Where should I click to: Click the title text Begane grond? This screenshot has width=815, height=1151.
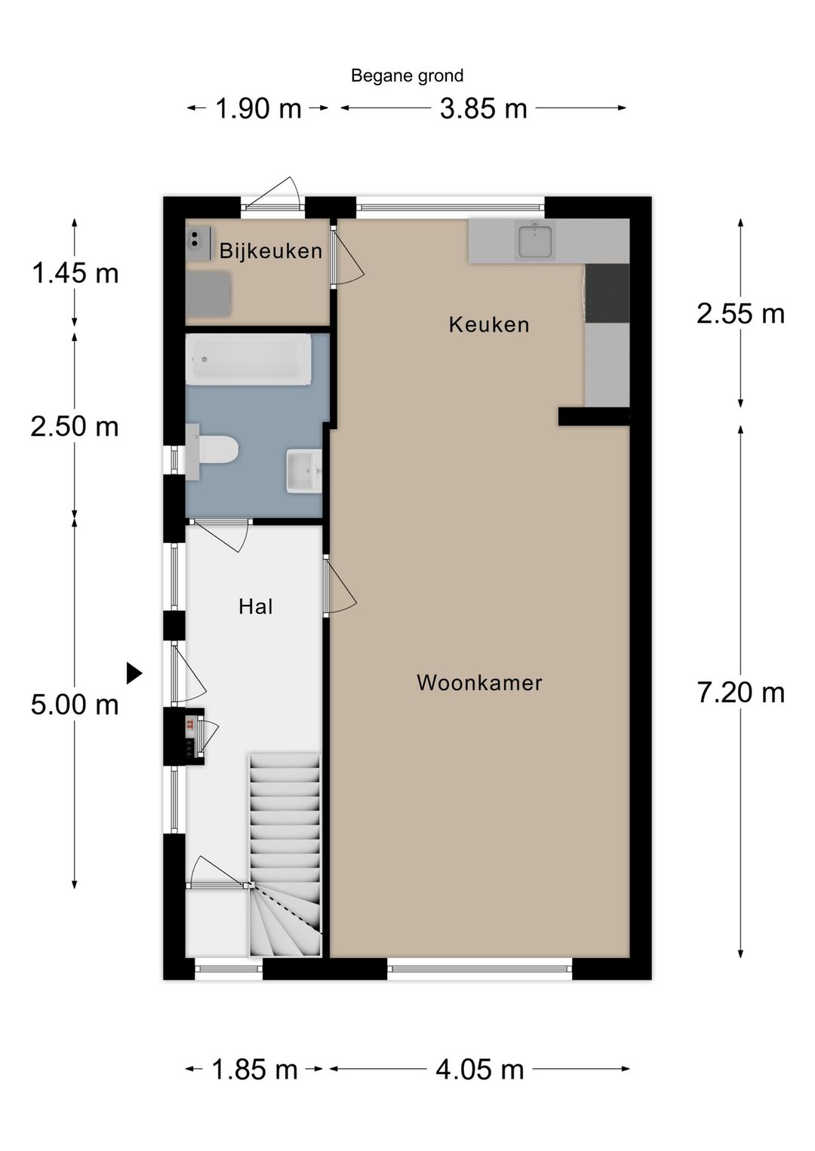407,75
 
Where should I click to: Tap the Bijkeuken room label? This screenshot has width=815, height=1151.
271,250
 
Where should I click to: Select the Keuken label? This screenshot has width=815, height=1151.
489,324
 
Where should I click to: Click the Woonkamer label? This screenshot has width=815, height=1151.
479,683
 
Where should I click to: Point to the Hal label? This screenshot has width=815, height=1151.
256,606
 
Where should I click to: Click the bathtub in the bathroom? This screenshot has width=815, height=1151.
249,360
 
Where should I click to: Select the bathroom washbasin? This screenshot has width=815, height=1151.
305,471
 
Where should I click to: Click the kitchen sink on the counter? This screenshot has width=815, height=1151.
535,241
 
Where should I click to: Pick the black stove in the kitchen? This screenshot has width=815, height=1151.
607,292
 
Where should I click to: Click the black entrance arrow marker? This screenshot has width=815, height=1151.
134,673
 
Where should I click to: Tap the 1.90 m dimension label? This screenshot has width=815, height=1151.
258,109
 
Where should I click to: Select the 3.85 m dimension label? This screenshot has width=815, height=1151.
483,109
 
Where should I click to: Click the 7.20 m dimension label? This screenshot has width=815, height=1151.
740,692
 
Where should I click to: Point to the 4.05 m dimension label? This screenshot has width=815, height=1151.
479,1069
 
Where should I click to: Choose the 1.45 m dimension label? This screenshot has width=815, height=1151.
75,273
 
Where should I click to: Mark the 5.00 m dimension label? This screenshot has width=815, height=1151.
75,704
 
